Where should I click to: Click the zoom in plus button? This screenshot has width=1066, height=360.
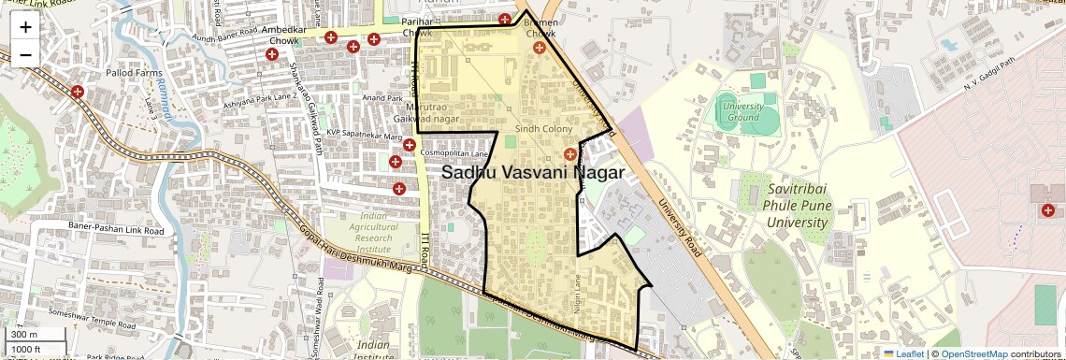coord(25,27)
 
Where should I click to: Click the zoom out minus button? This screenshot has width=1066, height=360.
coord(25,54)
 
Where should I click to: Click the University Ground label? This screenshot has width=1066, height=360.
coord(743,111)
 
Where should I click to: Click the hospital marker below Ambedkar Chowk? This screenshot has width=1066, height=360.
coord(272,56)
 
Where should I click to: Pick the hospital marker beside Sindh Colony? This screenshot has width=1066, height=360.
coord(570,153)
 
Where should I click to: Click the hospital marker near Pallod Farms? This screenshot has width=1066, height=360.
coord(78,92)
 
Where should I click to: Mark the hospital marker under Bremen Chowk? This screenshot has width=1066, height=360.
coord(540,47)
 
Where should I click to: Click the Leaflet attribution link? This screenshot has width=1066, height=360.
coord(903,353)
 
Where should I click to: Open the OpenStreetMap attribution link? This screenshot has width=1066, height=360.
coord(973,353)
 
